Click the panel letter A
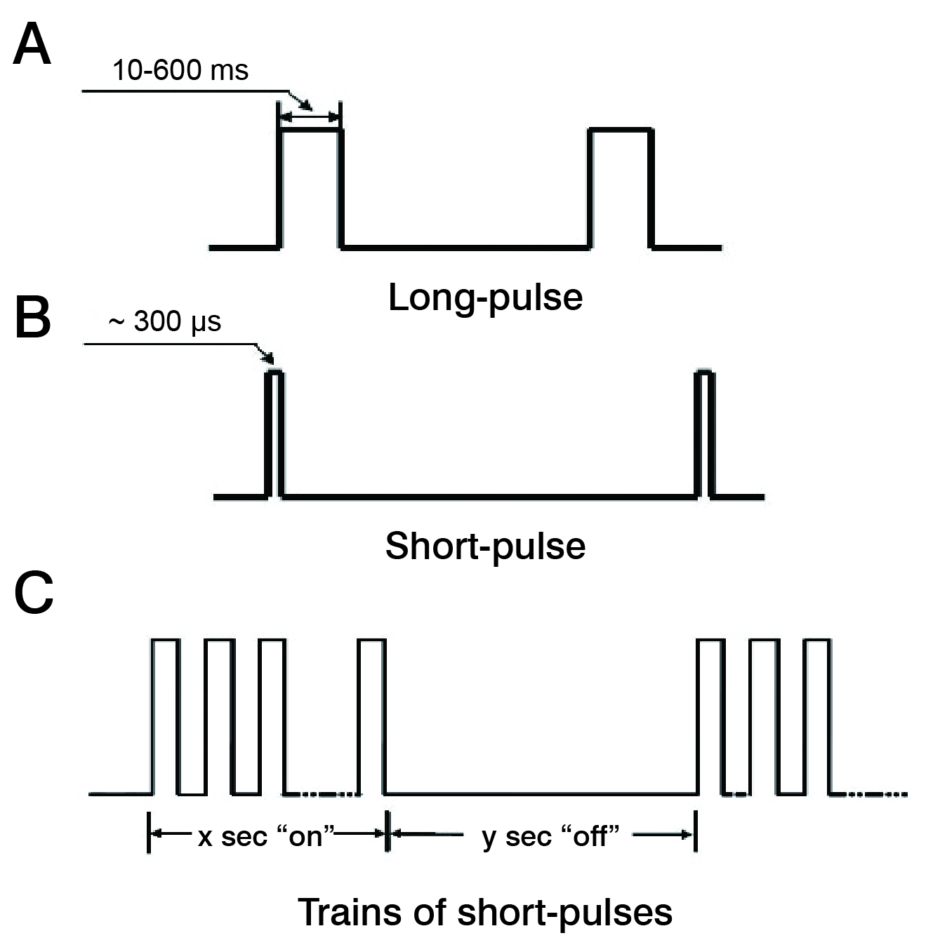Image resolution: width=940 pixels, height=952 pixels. click(32, 45)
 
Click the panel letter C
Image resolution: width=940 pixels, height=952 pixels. click(34, 594)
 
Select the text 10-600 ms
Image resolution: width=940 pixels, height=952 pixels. click(180, 70)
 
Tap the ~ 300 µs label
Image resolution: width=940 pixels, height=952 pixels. click(166, 322)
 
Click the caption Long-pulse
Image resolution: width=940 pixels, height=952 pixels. click(485, 297)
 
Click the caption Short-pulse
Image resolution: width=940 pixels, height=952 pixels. click(485, 546)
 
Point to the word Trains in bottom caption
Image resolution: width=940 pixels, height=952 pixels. click(340, 913)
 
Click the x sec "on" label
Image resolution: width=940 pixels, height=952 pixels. click(267, 836)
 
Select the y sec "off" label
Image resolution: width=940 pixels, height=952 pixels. click(550, 836)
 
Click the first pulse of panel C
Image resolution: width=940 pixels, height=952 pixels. click(166, 716)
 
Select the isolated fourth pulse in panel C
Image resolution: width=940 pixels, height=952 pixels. click(372, 716)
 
